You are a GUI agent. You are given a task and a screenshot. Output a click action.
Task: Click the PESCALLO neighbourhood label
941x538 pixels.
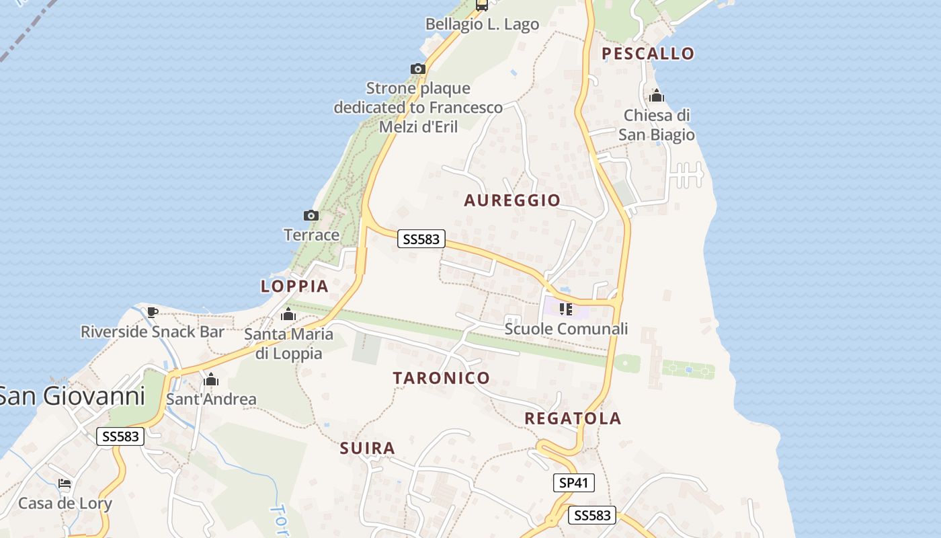coord(647,54)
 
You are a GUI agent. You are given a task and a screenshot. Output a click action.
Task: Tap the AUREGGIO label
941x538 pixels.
coord(512,200)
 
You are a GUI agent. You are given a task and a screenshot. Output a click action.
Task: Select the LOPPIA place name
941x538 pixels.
coord(294,286)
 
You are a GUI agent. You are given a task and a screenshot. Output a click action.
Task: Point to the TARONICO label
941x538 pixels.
coord(442,378)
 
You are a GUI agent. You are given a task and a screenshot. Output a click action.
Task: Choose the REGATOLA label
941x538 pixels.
coord(573,418)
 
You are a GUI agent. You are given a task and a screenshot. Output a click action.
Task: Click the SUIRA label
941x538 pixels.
coord(367,449)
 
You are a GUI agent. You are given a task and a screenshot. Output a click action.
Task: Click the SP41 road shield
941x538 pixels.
coord(574,482)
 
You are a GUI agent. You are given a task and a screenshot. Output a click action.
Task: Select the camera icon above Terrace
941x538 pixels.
coord(311,216)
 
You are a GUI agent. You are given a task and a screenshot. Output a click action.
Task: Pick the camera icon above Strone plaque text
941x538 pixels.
coord(417,69)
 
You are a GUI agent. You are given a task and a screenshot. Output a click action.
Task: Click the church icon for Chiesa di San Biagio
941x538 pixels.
coord(657,96)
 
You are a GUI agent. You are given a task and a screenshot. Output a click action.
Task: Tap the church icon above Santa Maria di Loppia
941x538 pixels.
coord(288,315)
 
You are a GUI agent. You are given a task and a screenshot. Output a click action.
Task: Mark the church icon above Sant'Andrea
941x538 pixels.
coord(211,380)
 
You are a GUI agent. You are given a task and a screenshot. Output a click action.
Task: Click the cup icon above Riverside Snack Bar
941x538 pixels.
coord(153,312)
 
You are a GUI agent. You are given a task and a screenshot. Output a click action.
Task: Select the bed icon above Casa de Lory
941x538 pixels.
coord(65,484)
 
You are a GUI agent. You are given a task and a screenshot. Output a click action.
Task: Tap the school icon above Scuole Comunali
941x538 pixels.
coord(566,309)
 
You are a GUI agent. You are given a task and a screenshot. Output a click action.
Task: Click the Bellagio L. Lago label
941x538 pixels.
coord(482,24)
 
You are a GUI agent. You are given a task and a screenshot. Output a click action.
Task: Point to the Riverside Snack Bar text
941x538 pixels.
coord(153,332)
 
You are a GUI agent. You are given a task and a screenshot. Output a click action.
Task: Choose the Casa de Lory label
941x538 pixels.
coord(65,504)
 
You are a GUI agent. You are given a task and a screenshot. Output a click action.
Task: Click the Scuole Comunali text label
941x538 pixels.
coord(566,329)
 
